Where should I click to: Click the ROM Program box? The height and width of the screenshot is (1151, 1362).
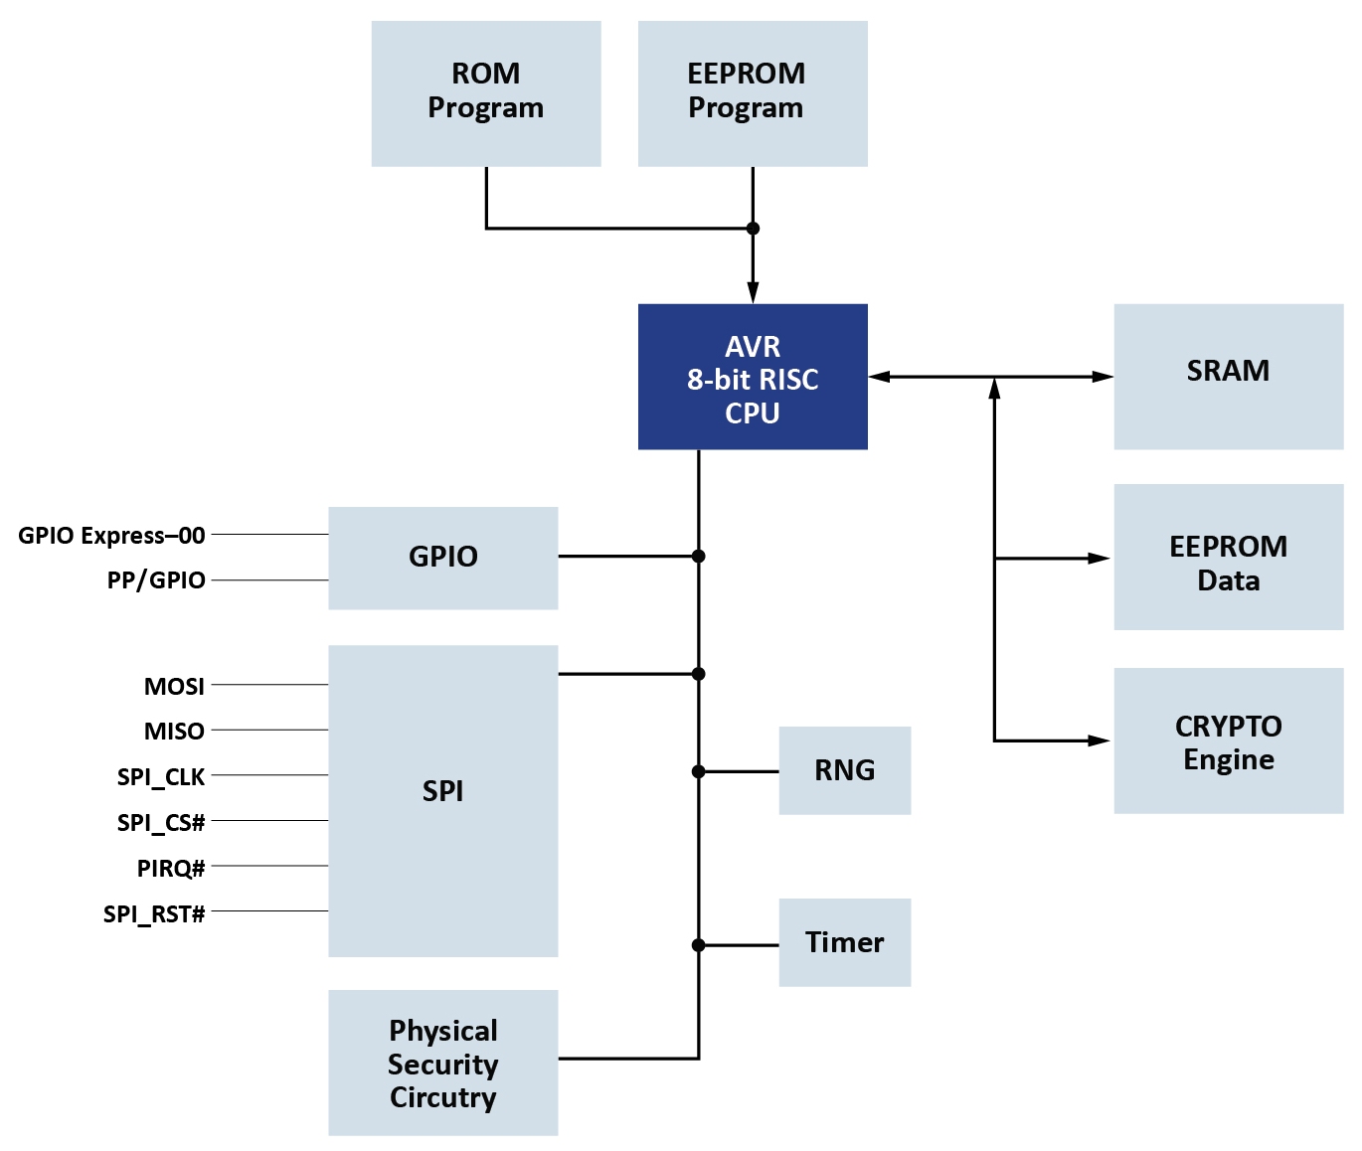486,93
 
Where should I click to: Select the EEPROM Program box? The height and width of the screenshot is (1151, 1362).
753,93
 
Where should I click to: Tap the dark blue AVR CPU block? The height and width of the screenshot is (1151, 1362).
753,377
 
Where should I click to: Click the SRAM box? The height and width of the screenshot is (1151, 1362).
1228,377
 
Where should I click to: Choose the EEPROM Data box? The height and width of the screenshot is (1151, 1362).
1228,558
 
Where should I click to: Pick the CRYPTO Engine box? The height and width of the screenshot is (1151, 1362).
1228,740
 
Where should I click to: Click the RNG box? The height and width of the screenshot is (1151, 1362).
845,771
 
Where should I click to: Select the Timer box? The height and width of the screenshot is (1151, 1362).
845,943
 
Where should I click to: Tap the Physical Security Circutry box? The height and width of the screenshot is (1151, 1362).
442,1064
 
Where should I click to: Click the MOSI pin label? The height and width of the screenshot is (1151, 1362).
174,687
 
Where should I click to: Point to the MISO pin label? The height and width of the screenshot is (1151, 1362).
174,732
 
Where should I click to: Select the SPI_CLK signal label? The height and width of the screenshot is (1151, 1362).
161,777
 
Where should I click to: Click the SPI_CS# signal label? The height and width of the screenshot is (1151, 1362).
161,823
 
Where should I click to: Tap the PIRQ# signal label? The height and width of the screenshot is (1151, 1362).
171,869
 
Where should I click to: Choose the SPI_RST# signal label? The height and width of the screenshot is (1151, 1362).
154,914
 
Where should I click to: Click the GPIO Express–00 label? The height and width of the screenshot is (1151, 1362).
111,536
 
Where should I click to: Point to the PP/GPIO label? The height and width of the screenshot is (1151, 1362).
156,580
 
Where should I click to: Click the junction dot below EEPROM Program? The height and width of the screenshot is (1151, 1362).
753,229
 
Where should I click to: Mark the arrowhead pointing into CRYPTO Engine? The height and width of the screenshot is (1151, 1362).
1099,740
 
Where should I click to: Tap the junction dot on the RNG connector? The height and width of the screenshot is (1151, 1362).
699,771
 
